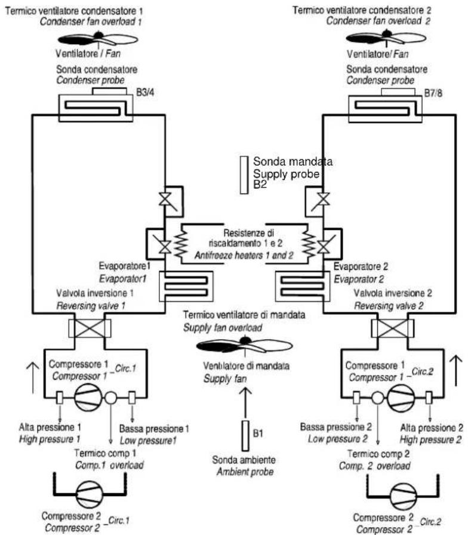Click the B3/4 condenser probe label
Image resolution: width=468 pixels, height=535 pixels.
point(145,93)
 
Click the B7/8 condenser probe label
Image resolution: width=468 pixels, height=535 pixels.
point(433,93)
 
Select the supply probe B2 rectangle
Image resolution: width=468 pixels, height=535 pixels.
point(244,175)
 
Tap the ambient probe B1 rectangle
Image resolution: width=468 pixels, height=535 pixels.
point(245,436)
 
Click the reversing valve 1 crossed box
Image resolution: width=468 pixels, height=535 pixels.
point(90,328)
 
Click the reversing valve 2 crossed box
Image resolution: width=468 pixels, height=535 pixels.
point(393,328)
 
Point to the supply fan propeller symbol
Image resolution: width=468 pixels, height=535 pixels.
point(244,345)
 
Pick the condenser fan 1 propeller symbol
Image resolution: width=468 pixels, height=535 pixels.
point(97,39)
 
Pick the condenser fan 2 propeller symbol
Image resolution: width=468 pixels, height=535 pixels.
point(386,38)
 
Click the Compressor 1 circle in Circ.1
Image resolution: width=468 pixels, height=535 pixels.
point(88,398)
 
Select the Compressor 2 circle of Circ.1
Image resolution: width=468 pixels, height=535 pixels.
point(90,494)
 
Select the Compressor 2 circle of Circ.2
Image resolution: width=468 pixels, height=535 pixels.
point(403,496)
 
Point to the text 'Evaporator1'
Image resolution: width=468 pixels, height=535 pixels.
point(123,279)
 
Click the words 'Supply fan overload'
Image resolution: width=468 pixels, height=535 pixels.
point(223,328)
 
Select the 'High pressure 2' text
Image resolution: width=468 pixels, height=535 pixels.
point(430,439)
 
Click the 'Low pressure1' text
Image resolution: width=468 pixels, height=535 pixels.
point(148,441)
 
